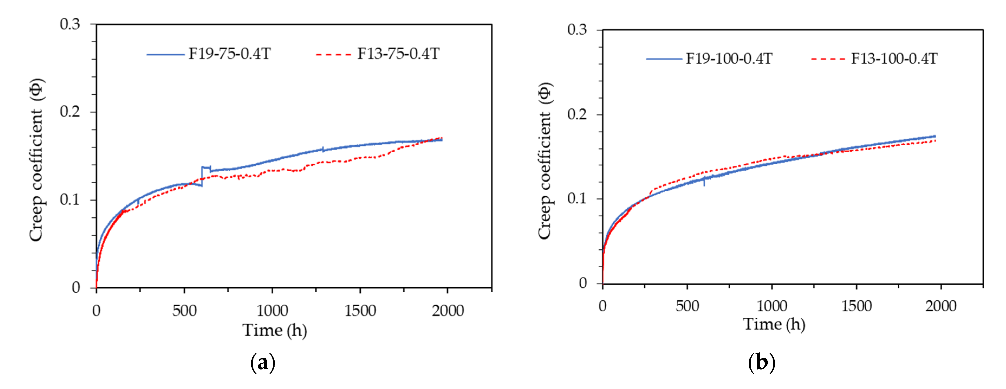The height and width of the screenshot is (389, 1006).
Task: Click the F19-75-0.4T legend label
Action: tap(230, 54)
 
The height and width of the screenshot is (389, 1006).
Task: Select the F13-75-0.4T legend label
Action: tap(398, 54)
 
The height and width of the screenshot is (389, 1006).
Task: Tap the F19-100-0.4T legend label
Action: tap(729, 59)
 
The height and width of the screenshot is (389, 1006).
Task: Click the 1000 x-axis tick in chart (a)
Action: tap(272, 311)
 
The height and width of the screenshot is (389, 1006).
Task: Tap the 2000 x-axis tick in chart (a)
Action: tap(448, 311)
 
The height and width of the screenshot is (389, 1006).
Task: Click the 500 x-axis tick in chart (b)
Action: tap(687, 306)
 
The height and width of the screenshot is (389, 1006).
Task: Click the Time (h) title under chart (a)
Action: tap(275, 330)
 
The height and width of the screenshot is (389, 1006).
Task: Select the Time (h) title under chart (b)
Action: tap(774, 324)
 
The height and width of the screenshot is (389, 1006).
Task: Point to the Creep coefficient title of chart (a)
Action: tap(36, 160)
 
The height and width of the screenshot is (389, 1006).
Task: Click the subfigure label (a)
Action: tap(262, 363)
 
